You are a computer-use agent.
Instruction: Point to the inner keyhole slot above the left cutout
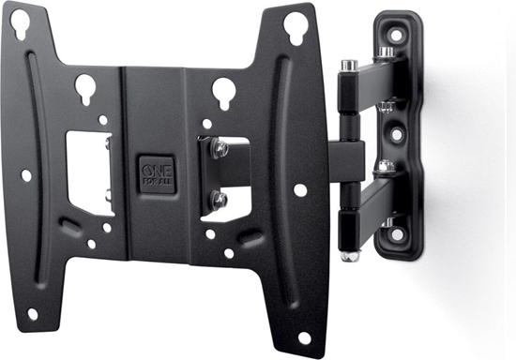click(x=85, y=89)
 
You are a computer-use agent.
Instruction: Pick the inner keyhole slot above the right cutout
click(x=223, y=91)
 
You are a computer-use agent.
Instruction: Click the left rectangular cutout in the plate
click(x=87, y=172)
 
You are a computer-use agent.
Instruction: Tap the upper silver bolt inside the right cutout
click(x=218, y=147)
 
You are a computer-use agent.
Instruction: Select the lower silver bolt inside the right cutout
click(x=219, y=198)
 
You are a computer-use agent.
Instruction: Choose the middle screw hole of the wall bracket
click(x=396, y=134)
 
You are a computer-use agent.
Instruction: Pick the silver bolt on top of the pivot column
click(x=349, y=66)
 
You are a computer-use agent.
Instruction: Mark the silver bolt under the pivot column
click(x=350, y=253)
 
